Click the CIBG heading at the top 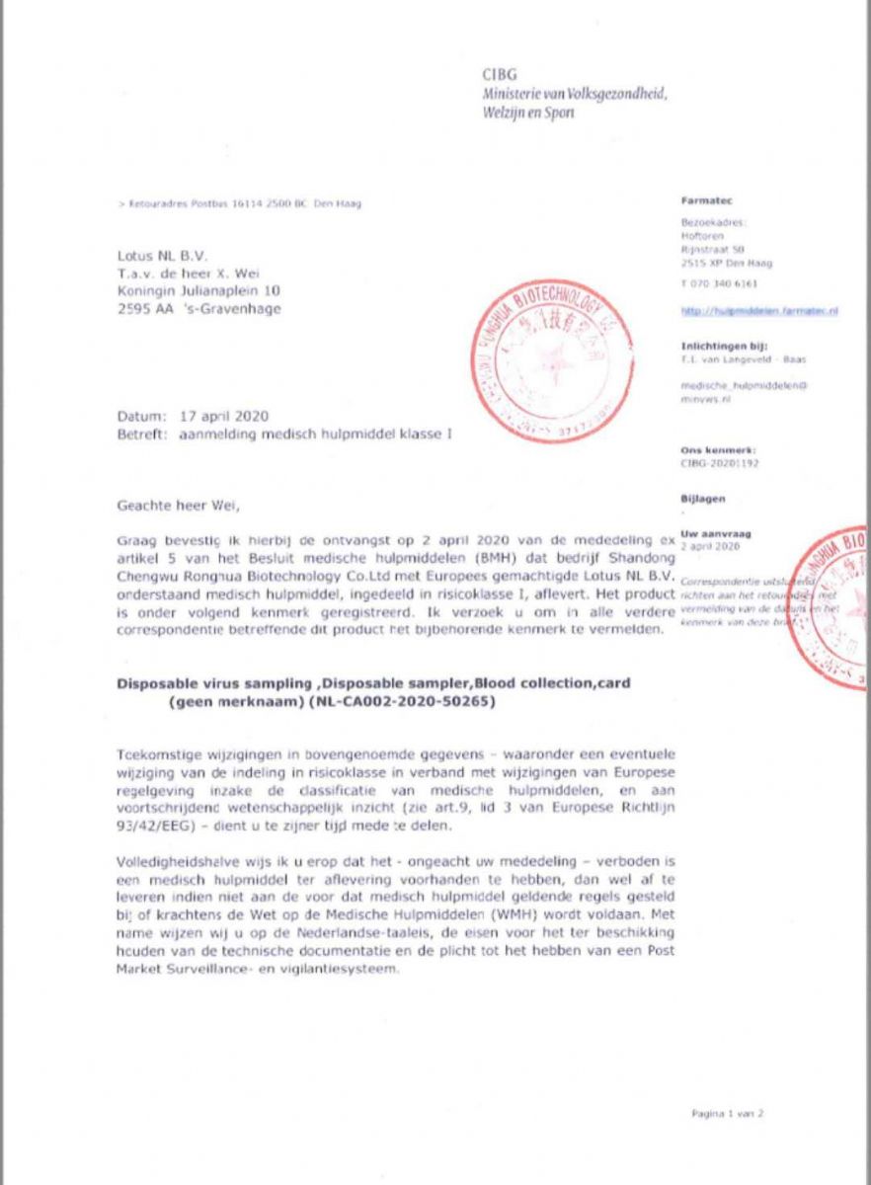pyautogui.click(x=500, y=74)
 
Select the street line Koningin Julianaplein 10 pyautogui.click(x=198, y=291)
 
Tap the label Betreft pyautogui.click(x=142, y=433)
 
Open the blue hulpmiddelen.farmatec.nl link pyautogui.click(x=759, y=311)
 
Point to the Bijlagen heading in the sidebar pyautogui.click(x=702, y=500)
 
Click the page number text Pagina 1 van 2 pyautogui.click(x=728, y=1113)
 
